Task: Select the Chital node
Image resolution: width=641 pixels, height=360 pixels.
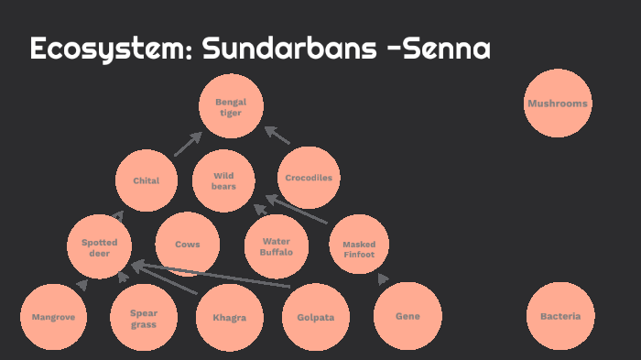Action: (x=147, y=180)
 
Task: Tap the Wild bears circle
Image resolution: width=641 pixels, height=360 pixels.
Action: (x=224, y=180)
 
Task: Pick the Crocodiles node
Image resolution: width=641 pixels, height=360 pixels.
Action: (x=309, y=178)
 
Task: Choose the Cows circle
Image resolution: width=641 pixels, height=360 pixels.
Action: (x=187, y=245)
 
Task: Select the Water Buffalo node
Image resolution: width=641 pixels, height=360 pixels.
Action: (x=276, y=245)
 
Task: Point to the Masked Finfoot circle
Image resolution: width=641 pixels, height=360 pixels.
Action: (x=359, y=247)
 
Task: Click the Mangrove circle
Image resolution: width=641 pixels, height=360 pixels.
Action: (x=53, y=317)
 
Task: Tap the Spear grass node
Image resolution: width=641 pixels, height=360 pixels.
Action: (x=143, y=318)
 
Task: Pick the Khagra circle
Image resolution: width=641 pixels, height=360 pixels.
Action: (x=230, y=318)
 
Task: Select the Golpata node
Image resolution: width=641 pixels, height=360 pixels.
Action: (x=316, y=318)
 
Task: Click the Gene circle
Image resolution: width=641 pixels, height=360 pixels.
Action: (x=407, y=316)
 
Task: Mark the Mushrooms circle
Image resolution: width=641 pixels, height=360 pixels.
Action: (x=558, y=104)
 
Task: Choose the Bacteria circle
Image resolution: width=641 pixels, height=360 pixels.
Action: (x=560, y=316)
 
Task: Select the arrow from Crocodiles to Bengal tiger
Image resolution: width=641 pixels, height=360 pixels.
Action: (x=277, y=136)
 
